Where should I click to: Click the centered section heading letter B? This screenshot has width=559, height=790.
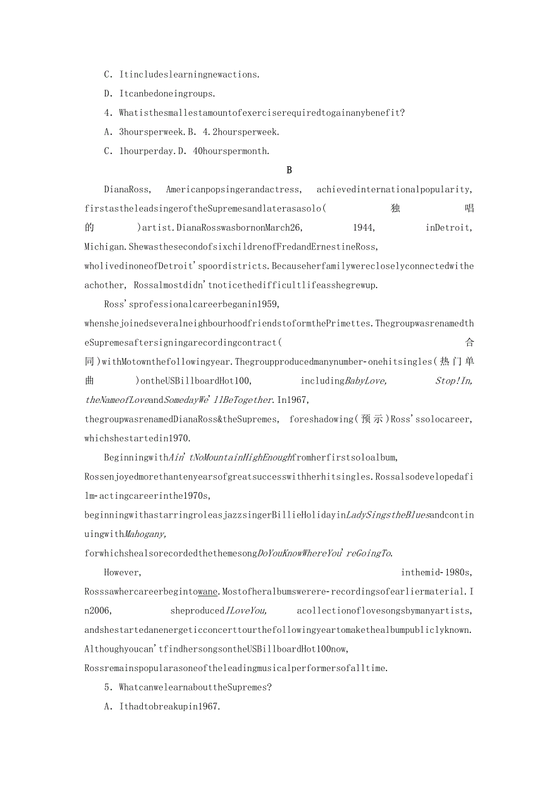pos(289,170)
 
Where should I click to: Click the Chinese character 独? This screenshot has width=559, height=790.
pos(396,209)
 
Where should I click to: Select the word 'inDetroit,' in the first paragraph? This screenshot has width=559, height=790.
pos(448,228)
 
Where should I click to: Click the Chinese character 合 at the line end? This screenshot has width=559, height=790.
pos(469,343)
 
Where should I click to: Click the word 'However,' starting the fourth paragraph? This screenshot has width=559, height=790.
pos(123,572)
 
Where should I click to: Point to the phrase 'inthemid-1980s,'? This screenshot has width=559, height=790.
pos(436,572)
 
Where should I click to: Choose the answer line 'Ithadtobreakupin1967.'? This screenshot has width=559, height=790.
pos(168,706)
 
